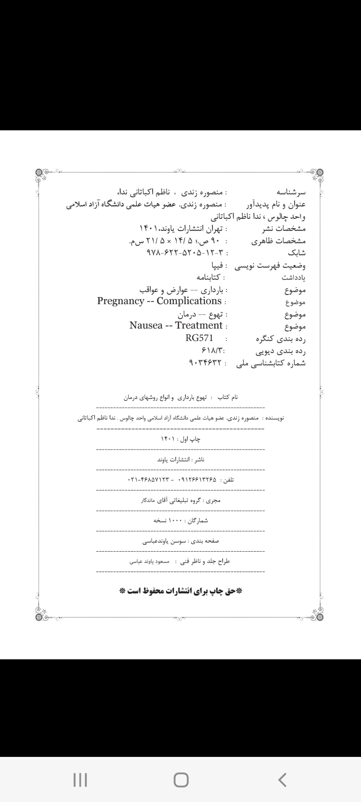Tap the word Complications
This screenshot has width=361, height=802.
(x=189, y=301)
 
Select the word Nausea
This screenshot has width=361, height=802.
(x=146, y=325)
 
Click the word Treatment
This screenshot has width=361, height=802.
(x=199, y=325)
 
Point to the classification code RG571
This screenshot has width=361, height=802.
(x=199, y=338)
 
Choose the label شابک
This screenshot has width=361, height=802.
(x=296, y=253)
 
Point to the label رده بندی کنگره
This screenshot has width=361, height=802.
(x=281, y=339)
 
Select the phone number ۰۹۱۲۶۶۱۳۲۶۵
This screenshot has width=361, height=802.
(x=198, y=480)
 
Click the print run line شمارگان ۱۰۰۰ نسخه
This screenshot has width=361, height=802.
(x=180, y=521)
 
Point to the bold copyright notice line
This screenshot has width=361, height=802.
(x=180, y=591)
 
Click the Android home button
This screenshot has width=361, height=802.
(x=181, y=780)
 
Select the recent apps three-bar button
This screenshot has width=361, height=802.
(x=80, y=780)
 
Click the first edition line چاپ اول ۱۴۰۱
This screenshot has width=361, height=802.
(x=180, y=439)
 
